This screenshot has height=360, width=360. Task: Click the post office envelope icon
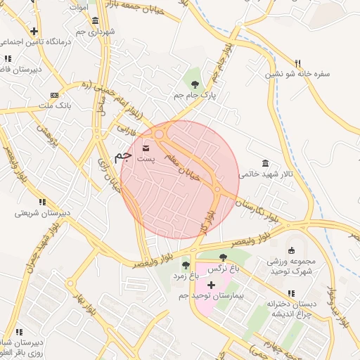click(146, 148)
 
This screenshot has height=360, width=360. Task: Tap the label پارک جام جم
click(195, 93)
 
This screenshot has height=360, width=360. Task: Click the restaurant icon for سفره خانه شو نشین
click(297, 62)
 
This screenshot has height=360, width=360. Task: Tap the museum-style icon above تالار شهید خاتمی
click(264, 162)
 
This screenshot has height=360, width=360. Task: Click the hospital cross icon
click(211, 285)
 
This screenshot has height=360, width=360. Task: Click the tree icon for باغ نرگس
click(223, 257)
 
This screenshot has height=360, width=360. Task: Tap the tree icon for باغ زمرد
click(186, 265)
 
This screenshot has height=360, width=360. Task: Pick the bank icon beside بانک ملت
click(55, 95)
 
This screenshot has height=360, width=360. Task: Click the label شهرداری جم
click(96, 32)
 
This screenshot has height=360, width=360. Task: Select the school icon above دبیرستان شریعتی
click(42, 202)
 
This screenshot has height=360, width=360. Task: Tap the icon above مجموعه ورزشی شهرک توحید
click(292, 250)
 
